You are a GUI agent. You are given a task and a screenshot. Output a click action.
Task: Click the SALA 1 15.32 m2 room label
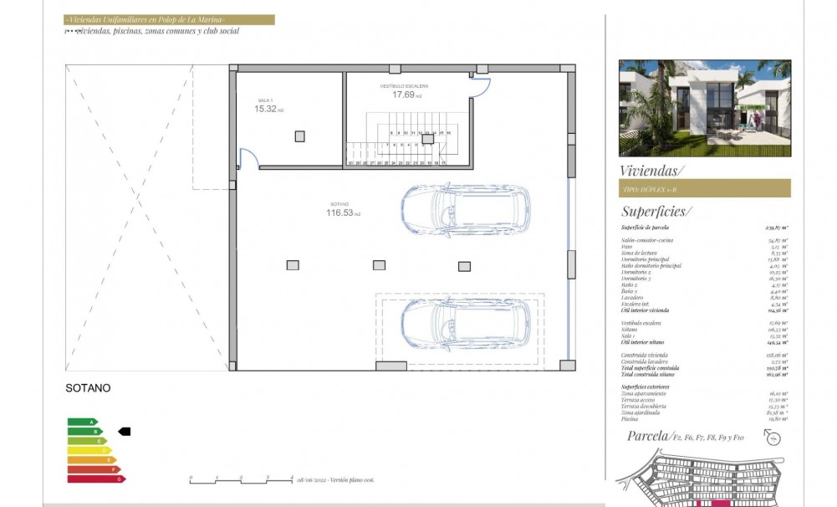[269, 105]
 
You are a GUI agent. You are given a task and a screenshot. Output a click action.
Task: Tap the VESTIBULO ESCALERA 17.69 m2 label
[407, 91]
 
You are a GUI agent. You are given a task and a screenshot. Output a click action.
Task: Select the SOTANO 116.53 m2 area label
[343, 210]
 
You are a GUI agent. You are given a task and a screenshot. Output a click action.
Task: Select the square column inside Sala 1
[299, 136]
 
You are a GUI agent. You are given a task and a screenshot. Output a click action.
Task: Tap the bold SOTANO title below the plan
[88, 388]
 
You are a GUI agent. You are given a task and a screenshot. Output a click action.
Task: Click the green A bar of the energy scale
[82, 422]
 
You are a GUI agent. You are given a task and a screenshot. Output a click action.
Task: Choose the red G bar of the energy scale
[95, 479]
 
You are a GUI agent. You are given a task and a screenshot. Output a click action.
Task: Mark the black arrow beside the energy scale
[125, 432]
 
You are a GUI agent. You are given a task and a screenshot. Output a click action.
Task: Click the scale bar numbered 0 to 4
[241, 480]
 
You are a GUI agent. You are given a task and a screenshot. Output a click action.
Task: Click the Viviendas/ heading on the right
[651, 171]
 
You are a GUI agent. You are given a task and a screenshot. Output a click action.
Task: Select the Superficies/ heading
[656, 212]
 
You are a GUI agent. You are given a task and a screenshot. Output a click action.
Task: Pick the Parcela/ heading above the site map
[648, 436]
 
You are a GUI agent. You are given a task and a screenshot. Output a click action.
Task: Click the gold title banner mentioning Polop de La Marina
[170, 19]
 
